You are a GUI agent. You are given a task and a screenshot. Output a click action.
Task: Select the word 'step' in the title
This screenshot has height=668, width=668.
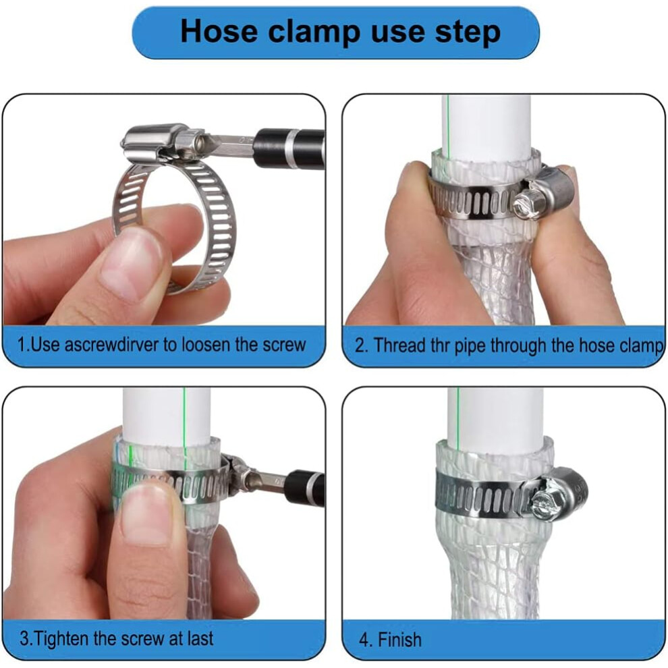click(468, 32)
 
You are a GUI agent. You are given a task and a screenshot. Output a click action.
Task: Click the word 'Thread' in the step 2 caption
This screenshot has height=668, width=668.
click(399, 345)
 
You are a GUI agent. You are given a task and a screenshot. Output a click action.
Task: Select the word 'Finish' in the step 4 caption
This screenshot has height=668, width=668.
click(399, 640)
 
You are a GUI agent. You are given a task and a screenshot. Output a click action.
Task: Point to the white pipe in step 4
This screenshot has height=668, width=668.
click(495, 418)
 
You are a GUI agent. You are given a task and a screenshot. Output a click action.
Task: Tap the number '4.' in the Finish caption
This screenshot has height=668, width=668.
click(364, 640)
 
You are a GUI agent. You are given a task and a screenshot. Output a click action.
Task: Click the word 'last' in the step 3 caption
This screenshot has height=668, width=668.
click(200, 638)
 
